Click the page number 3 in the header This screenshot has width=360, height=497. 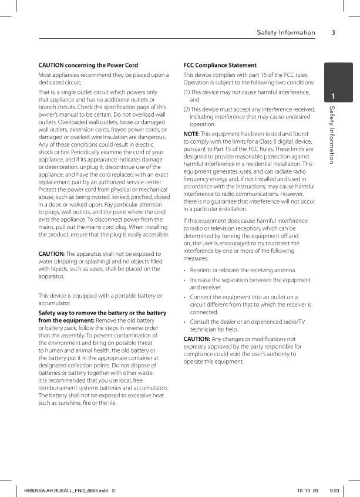coord(333,32)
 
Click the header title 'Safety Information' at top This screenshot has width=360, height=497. coord(285,32)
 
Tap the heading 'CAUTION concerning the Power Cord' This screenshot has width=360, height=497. coord(88,65)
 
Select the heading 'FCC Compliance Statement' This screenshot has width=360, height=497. coord(220,65)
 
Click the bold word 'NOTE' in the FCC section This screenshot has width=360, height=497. coord(191,134)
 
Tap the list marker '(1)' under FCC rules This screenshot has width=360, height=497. coord(187,93)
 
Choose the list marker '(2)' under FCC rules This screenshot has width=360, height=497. coord(187,109)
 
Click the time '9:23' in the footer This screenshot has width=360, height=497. coord(335,490)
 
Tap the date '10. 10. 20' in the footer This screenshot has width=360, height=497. coord(307,490)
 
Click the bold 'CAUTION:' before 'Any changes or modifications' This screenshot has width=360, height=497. coord(197,339)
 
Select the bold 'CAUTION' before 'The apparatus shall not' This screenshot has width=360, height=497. coord(51,253)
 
